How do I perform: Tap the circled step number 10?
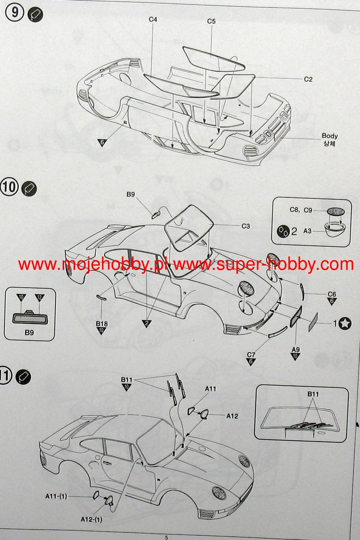[x=9, y=187]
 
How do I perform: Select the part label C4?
[x=153, y=19]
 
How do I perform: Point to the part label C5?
[x=211, y=21]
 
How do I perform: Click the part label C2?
[x=308, y=79]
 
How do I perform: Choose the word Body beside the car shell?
[x=329, y=136]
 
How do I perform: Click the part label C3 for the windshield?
[x=246, y=226]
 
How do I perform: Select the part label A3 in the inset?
[x=307, y=231]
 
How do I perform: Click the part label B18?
[x=102, y=324]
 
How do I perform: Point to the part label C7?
[x=251, y=355]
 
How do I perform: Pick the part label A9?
[x=295, y=349]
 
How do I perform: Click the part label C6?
[x=332, y=294]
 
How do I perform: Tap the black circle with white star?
[x=345, y=323]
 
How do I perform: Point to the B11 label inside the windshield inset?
[x=313, y=394]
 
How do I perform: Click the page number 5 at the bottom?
[x=166, y=537]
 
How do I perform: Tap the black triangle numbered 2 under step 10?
[x=147, y=323]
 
